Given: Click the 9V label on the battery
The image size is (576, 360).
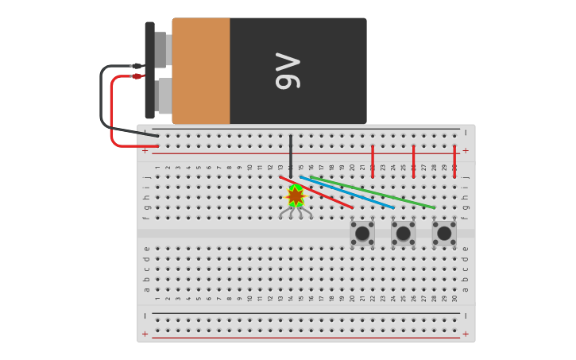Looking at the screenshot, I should (288, 71).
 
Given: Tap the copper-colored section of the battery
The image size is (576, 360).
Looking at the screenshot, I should (201, 71).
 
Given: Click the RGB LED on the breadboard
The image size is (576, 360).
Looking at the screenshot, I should (296, 195).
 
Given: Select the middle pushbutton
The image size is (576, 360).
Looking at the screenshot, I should (403, 234).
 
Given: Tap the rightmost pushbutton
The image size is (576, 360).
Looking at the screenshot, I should (444, 234).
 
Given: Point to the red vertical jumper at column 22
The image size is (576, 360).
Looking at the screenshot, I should (373, 161).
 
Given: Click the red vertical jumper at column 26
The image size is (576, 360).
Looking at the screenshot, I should (413, 161).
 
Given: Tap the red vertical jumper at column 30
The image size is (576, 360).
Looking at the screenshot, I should (454, 161).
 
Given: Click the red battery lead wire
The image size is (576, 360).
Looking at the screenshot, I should (112, 111).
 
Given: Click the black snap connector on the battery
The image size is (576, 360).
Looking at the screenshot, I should (149, 71).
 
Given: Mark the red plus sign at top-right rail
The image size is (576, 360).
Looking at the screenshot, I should (466, 150).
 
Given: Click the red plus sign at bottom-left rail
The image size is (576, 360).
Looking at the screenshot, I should (145, 334).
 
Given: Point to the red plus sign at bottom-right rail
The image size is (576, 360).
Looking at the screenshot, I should (466, 334).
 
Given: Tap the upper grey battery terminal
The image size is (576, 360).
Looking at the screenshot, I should (161, 49).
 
